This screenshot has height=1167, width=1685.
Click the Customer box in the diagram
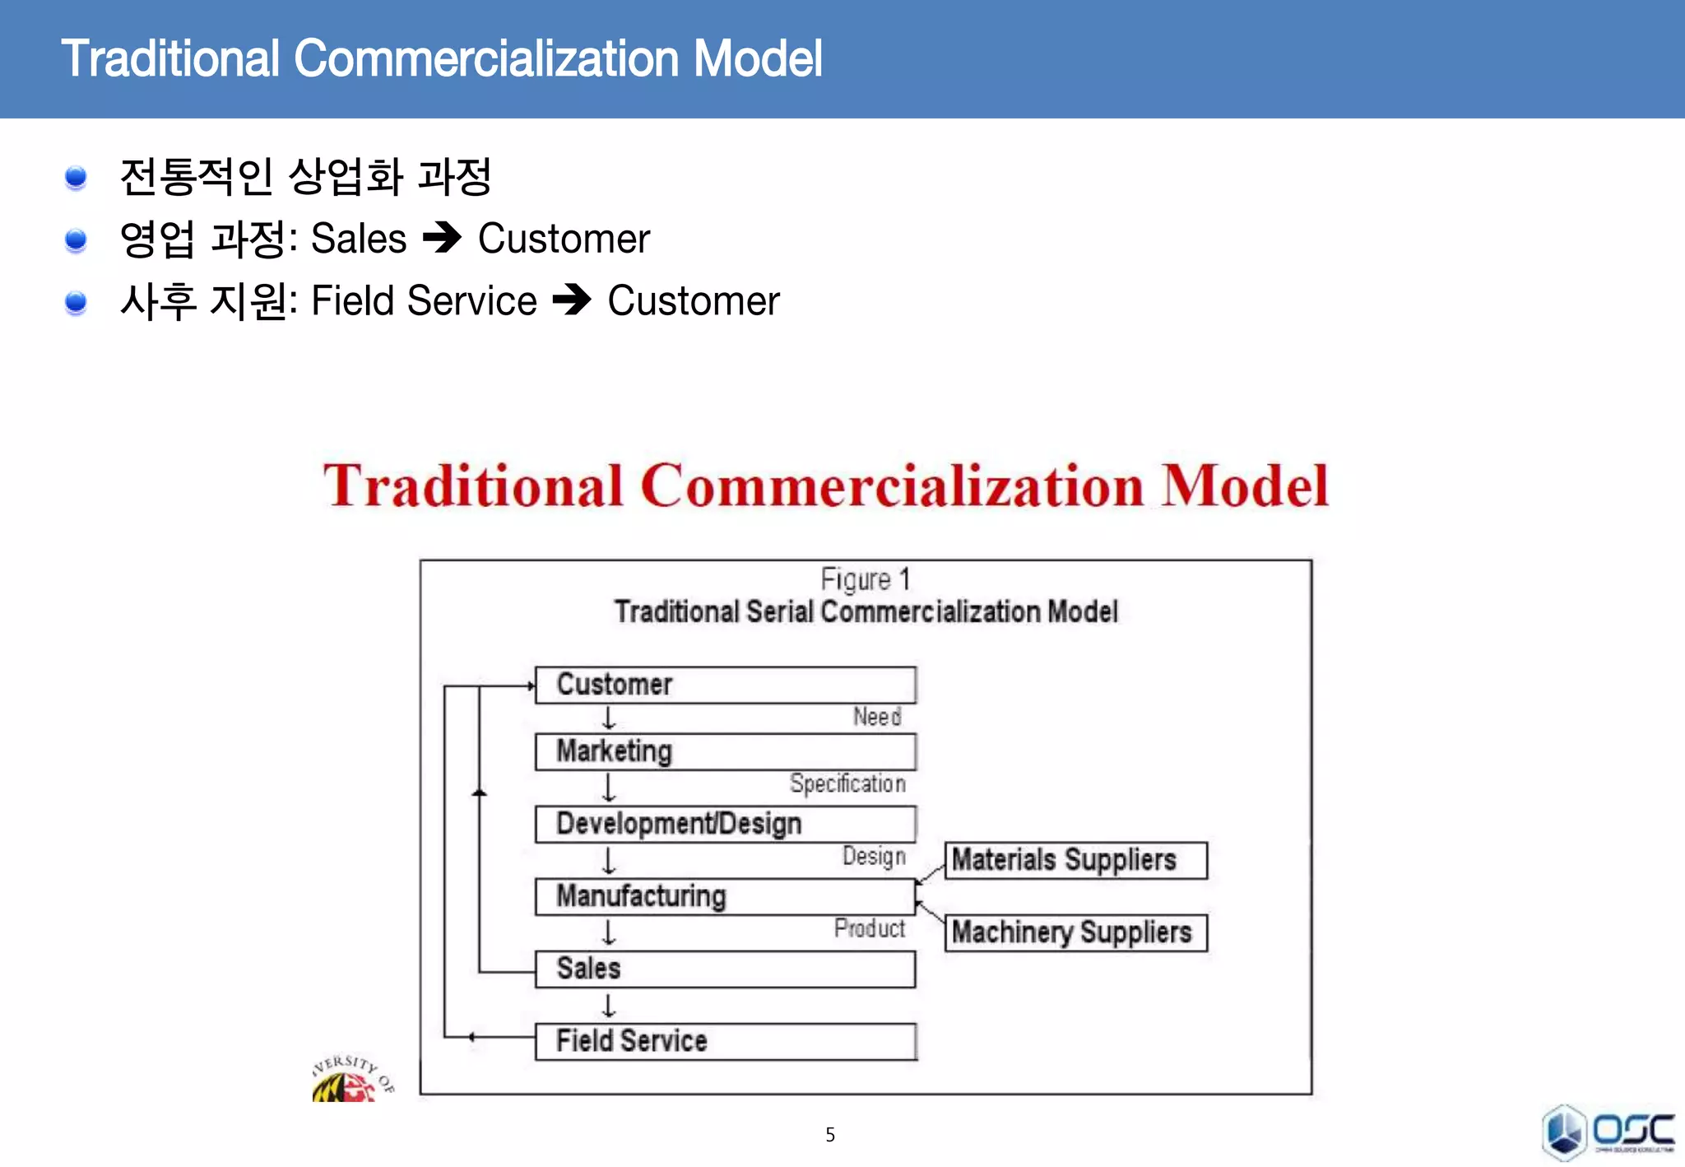(725, 685)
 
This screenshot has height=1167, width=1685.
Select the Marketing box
(725, 751)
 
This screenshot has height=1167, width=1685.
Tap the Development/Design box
(725, 824)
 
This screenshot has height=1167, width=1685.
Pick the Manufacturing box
(725, 896)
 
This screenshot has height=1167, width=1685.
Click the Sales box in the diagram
(725, 969)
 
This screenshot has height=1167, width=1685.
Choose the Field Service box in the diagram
(725, 1041)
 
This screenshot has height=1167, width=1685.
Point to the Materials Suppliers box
(1075, 860)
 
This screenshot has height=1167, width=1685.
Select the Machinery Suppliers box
(1075, 932)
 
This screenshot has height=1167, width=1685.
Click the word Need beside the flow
(877, 717)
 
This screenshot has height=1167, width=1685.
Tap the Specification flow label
(847, 783)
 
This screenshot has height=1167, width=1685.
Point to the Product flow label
(870, 928)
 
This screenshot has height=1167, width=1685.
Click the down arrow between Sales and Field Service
(609, 1006)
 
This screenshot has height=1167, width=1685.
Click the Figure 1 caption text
(866, 579)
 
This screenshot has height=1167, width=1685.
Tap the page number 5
(830, 1135)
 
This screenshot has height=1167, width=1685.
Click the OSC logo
(1608, 1132)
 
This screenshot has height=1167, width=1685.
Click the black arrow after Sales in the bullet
(443, 239)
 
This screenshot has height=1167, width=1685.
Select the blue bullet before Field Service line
(76, 302)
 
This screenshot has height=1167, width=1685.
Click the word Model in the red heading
(1245, 486)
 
